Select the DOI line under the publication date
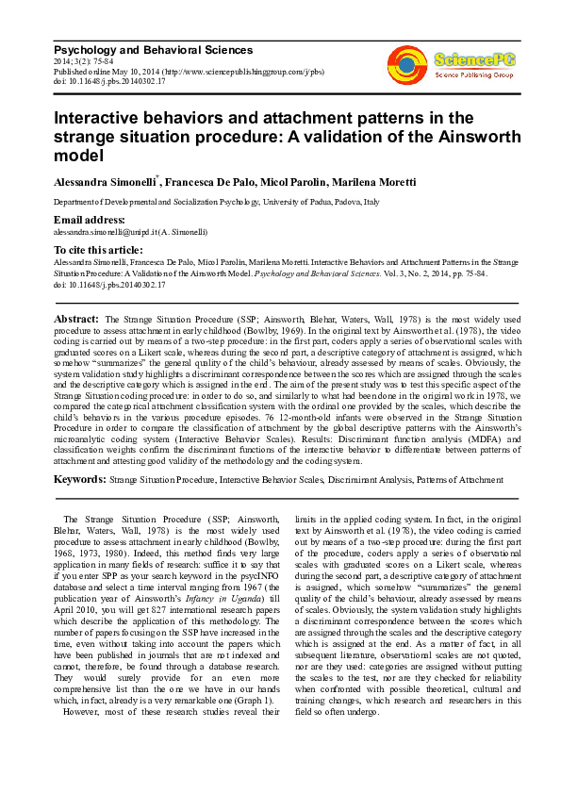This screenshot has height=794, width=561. click(x=108, y=81)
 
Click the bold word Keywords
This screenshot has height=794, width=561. click(x=80, y=479)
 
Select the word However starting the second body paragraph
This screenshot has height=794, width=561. click(x=81, y=714)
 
